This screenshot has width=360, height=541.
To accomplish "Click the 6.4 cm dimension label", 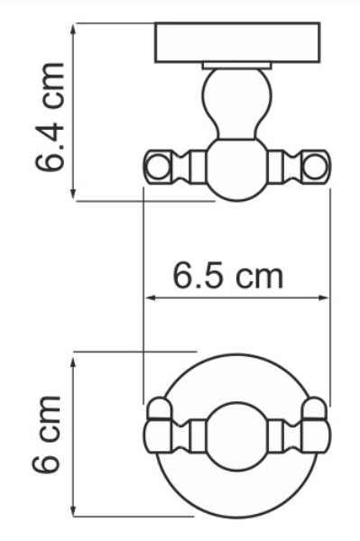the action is [x=50, y=116].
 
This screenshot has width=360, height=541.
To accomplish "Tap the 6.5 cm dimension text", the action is [x=227, y=275].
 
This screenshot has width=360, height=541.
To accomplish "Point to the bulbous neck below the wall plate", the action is [x=236, y=104].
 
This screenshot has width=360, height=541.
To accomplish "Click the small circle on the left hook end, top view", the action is [x=158, y=167].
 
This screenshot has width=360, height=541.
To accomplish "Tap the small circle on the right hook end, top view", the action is [x=316, y=167].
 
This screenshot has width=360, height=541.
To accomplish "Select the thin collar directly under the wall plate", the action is [x=237, y=66].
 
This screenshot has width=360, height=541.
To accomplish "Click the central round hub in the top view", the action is [x=237, y=170].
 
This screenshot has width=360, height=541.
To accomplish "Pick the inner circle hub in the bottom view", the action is [x=237, y=436].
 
